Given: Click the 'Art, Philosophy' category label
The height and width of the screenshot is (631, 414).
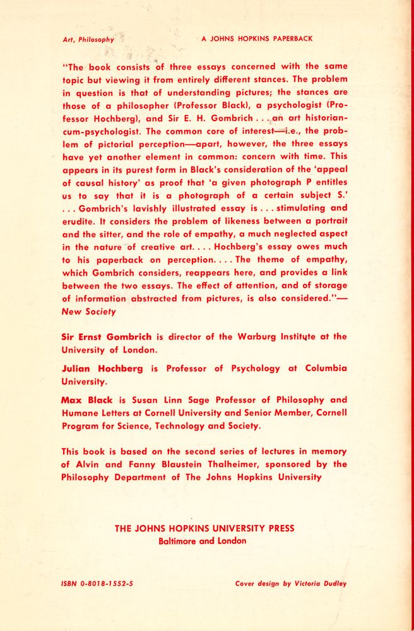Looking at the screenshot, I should pyautogui.click(x=88, y=39).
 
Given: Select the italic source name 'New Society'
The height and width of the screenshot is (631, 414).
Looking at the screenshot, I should pyautogui.click(x=88, y=311).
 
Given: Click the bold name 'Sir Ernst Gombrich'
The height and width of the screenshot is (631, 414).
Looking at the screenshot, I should pyautogui.click(x=106, y=336).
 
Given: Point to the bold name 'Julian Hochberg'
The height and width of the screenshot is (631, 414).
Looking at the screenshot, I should pyautogui.click(x=102, y=369).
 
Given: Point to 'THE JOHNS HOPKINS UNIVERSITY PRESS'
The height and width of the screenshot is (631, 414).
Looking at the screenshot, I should pyautogui.click(x=204, y=529).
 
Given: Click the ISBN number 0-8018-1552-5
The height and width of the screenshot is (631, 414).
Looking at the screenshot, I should pyautogui.click(x=107, y=584).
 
